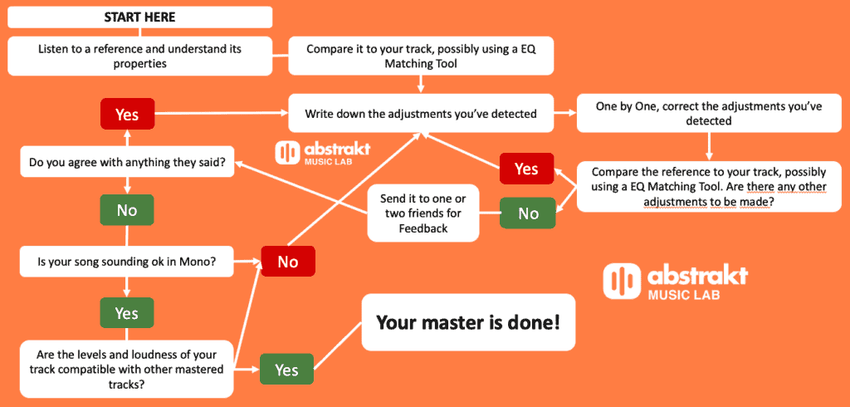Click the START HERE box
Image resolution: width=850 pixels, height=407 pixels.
[139, 17]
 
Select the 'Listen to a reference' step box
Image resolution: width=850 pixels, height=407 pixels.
[139, 56]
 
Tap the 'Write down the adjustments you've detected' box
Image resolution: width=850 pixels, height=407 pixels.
[421, 114]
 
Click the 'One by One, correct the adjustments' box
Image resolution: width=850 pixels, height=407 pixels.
[709, 114]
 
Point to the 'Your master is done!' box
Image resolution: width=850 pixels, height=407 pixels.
[468, 322]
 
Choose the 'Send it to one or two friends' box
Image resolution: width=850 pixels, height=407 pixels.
[423, 213]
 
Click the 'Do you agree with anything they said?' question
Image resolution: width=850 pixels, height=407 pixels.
[126, 162]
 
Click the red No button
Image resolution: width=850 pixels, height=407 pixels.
[287, 262]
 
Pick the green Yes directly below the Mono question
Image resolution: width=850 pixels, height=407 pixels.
[126, 313]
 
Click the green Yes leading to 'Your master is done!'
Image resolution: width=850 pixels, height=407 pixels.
[286, 370]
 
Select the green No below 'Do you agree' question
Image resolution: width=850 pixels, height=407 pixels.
[126, 210]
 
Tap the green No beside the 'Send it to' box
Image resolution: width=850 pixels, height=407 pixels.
[527, 213]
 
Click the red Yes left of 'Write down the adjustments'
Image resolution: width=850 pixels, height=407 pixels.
[126, 115]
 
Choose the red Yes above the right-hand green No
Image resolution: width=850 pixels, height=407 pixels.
[526, 169]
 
